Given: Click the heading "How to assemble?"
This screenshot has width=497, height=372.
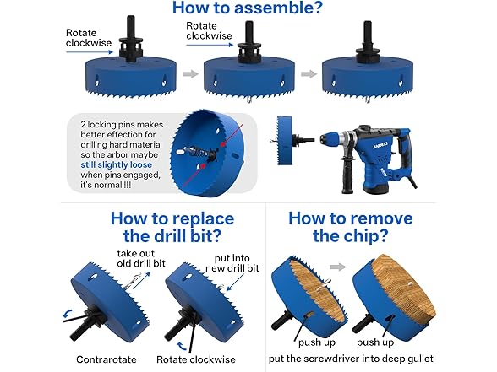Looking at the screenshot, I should click(248, 11).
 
